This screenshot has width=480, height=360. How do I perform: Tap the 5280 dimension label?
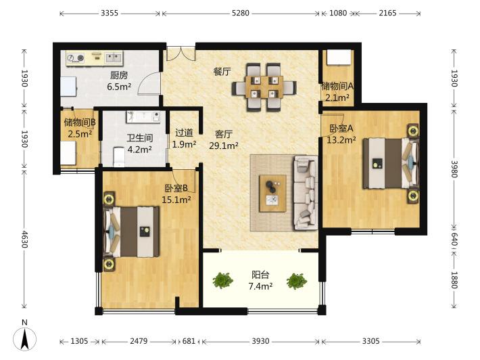pyautogui.click(x=240, y=13)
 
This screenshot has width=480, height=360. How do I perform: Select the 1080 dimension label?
pyautogui.click(x=338, y=13)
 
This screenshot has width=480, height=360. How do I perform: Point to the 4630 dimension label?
pyautogui.click(x=24, y=240)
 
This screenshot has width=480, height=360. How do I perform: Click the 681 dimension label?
pyautogui.click(x=189, y=341)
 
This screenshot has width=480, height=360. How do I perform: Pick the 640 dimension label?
pyautogui.click(x=454, y=239)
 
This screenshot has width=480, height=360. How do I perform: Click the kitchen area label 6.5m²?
pyautogui.click(x=119, y=87)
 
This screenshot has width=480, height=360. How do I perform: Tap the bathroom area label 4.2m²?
pyautogui.click(x=139, y=150)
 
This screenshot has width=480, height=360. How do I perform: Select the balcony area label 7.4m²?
pyautogui.click(x=260, y=286)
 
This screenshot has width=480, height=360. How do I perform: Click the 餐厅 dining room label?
pyautogui.click(x=222, y=71)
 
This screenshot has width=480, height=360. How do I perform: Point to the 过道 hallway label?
pyautogui.click(x=184, y=133)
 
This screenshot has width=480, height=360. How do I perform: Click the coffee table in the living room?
pyautogui.click(x=272, y=194)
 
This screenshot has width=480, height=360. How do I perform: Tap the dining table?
pyautogui.click(x=264, y=87)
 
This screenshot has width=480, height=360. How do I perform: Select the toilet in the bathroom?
pyautogui.click(x=119, y=157)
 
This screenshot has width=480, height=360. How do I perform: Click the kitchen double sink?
pyautogui.click(x=114, y=58)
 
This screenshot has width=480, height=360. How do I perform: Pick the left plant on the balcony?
pyautogui.click(x=223, y=280)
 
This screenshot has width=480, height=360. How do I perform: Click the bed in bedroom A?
pyautogui.click(x=391, y=163)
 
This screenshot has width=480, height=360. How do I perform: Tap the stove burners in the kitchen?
pyautogui.click(x=76, y=58)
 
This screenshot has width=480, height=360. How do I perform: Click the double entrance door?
pyautogui.click(x=181, y=53)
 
